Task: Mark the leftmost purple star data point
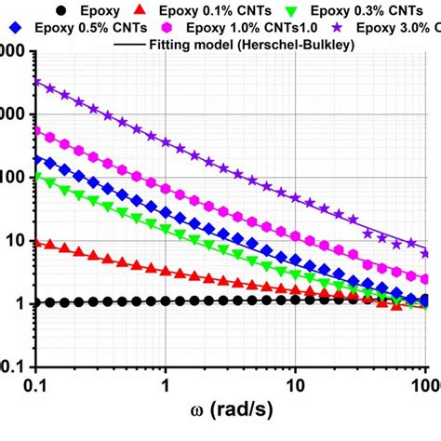click(37, 82)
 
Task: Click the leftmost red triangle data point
click(37, 242)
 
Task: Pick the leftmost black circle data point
click(37, 303)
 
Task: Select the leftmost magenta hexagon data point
click(37, 131)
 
